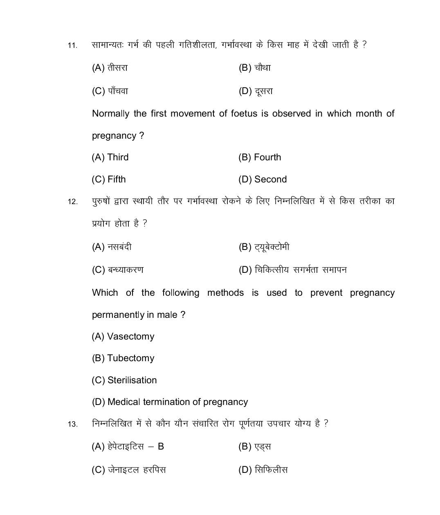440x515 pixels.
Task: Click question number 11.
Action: coord(72,45)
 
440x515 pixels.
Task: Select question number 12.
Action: coord(72,202)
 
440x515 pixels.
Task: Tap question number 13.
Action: coord(72,424)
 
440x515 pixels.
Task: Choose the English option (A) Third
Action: coord(110,157)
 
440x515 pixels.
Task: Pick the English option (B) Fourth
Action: coord(260,157)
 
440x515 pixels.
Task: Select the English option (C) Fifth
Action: coord(109,180)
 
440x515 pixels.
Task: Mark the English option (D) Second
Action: coord(263,180)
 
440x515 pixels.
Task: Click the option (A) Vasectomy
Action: coord(123,337)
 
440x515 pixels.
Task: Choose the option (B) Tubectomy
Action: coord(123,358)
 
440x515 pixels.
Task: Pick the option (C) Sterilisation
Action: coord(124,380)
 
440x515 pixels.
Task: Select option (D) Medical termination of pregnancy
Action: coord(170,402)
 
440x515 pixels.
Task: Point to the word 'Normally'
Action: coord(110,114)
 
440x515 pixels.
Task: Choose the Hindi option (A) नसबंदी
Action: coord(112,247)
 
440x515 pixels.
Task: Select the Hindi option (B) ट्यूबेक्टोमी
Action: coord(264,247)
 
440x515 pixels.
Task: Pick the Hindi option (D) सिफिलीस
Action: coord(263,470)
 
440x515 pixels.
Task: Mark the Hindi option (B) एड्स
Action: coord(254,447)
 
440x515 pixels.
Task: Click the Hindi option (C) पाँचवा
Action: coord(110,91)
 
